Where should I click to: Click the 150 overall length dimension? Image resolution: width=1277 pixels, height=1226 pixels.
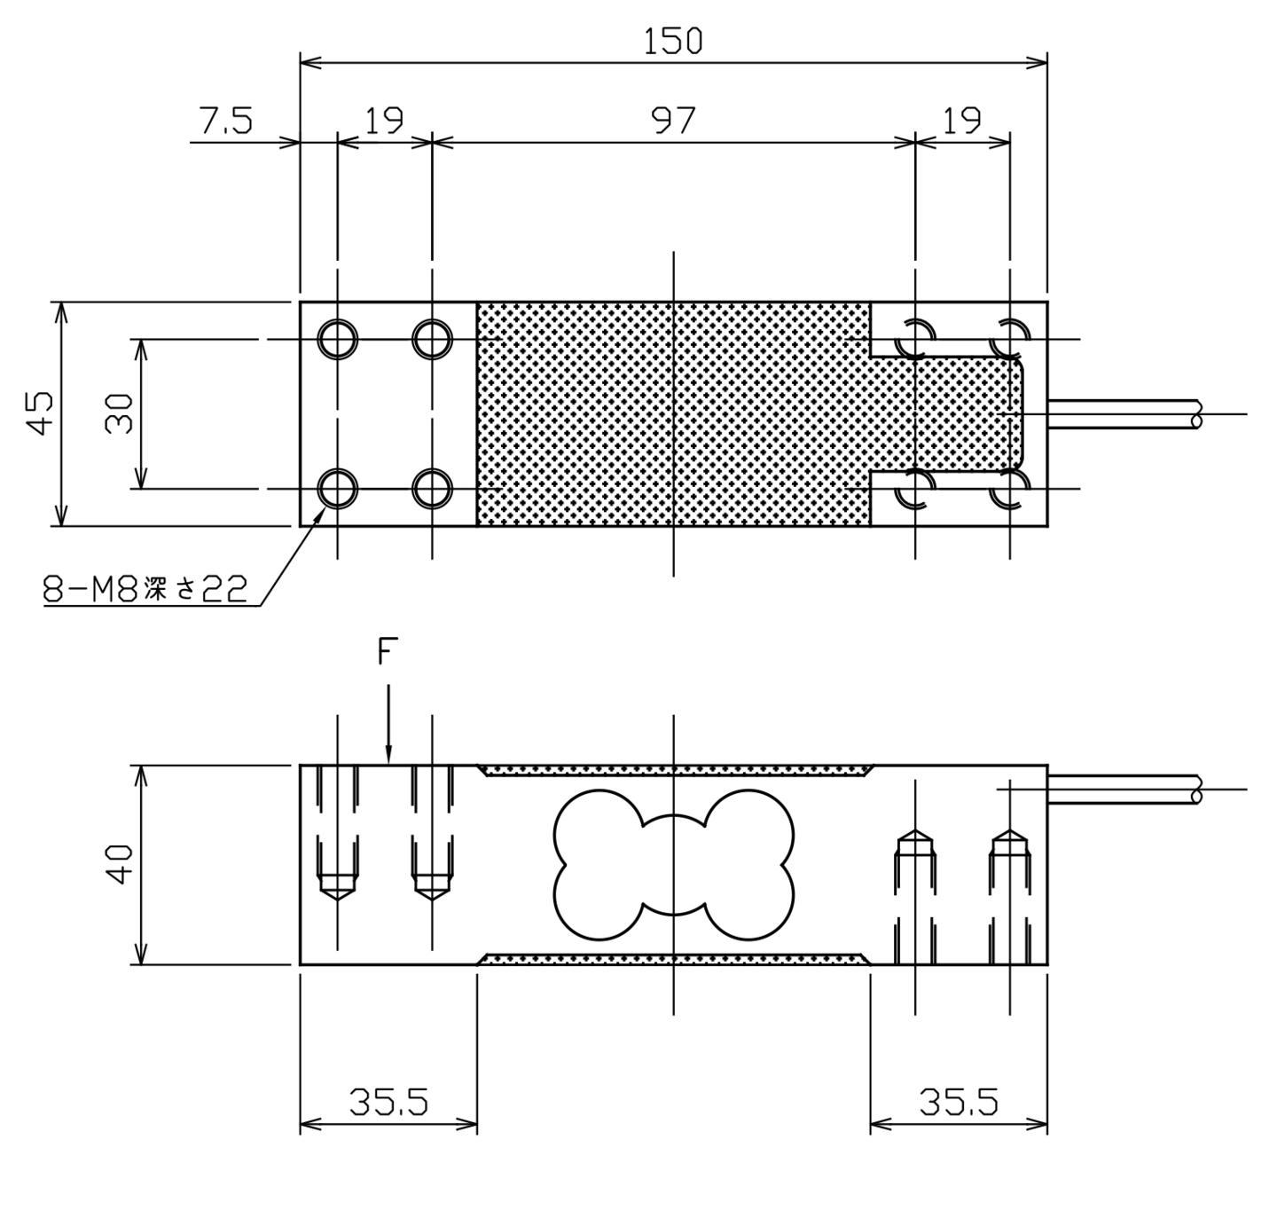(672, 41)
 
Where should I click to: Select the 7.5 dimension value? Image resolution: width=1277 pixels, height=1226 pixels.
(226, 121)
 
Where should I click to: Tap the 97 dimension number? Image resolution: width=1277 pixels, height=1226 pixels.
(673, 121)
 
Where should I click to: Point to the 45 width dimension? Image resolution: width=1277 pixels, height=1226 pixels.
(40, 413)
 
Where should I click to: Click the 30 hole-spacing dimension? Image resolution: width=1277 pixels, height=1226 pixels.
(119, 413)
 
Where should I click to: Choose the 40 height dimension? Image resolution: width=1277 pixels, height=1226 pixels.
(119, 864)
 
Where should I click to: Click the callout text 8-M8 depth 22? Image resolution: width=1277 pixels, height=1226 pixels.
(145, 589)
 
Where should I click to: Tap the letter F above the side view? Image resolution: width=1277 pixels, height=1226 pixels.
(388, 651)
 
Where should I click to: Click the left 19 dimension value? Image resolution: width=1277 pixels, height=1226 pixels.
(384, 121)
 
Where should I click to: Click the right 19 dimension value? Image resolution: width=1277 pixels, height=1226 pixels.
(962, 121)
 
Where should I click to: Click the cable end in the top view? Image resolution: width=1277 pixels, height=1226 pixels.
(1196, 414)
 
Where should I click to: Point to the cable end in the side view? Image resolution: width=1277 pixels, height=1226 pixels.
(1196, 790)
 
